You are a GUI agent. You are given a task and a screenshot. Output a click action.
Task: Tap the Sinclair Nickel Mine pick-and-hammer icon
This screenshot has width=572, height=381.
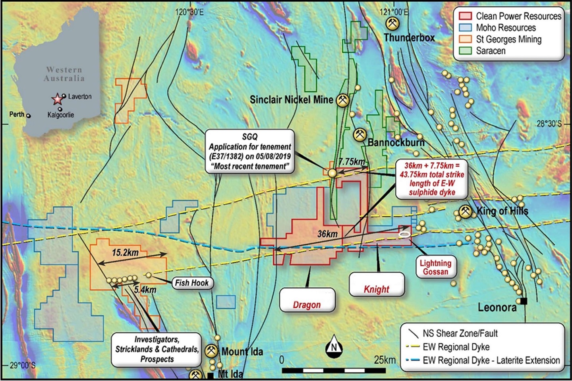pos(342,100)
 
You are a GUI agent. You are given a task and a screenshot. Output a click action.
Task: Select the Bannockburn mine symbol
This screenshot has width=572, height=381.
pos(360,135)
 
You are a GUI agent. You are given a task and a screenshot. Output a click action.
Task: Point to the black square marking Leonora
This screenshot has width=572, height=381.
pos(524,301)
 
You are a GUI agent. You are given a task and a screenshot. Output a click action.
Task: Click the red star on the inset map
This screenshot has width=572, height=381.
pos(58,98)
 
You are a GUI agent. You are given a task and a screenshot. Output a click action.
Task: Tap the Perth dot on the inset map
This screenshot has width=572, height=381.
pos(29,116)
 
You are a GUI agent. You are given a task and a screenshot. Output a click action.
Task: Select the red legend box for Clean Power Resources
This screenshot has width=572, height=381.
pos(465,16)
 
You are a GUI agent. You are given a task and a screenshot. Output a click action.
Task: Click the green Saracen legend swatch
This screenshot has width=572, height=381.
pos(465,51)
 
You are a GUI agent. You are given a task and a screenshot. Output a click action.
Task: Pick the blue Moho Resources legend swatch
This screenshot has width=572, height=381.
pos(465,28)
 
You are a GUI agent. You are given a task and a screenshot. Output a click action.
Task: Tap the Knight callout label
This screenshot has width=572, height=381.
pos(377,289)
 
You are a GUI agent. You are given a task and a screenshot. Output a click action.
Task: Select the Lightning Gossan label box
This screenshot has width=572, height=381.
pos(435,267)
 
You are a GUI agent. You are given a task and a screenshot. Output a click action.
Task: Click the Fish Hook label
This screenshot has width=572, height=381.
pos(192,283)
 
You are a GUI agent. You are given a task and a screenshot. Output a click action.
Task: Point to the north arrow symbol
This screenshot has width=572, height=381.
pos(334,347)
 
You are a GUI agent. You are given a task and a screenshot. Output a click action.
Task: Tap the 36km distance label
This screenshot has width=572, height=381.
pos(327,234)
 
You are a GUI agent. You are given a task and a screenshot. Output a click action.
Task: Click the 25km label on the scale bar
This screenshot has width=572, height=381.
pos(385,360)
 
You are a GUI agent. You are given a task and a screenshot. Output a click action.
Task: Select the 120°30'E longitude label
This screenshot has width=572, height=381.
pos(189,12)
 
